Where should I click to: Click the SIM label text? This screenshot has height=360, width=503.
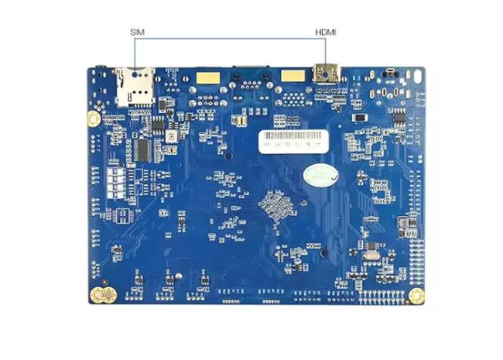(137, 32)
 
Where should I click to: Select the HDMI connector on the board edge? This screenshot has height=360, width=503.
(324, 73)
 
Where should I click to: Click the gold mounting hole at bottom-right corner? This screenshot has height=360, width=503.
(416, 295)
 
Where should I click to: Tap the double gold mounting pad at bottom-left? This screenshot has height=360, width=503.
(101, 294)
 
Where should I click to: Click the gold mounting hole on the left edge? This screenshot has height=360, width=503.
(94, 119)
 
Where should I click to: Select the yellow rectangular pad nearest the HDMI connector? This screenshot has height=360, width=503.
(291, 76)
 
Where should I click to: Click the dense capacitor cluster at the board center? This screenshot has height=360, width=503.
(275, 204)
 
